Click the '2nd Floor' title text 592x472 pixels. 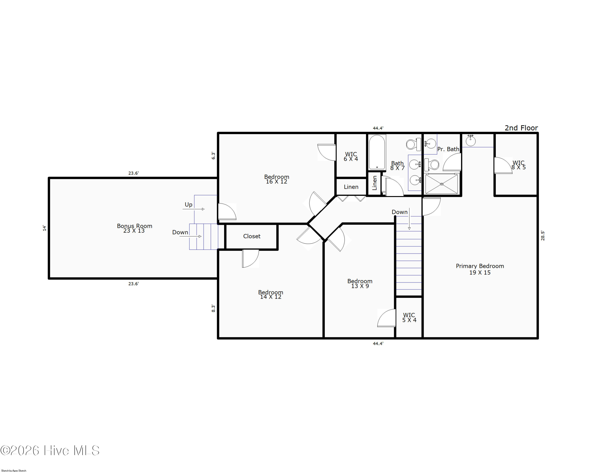[x=521, y=128]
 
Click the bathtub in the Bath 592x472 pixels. [x=377, y=152]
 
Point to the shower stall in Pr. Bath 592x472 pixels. [x=441, y=184]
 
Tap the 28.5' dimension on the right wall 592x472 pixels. [x=543, y=236]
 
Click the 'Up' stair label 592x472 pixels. [x=189, y=205]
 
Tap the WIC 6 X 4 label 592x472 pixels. [x=351, y=157]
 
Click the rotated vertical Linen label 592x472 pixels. [x=375, y=183]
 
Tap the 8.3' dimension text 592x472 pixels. [x=213, y=308]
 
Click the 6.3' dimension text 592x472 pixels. [x=213, y=156]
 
